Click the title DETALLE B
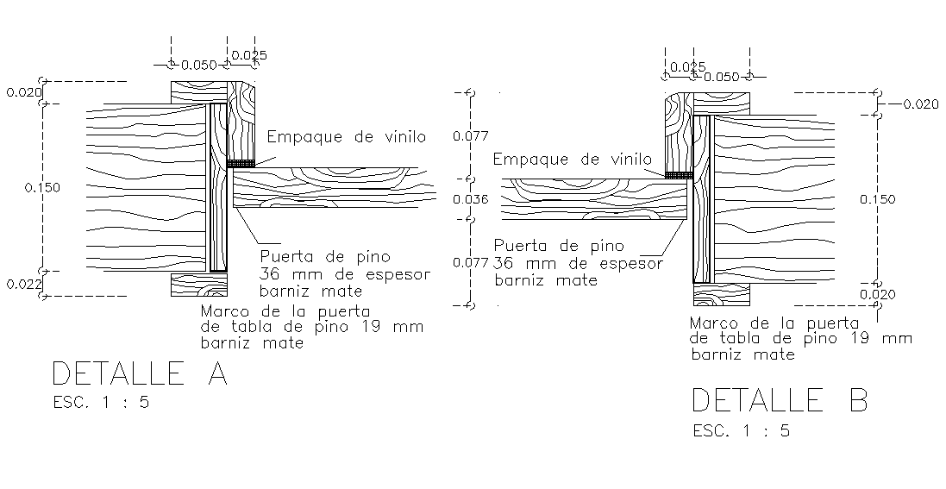tap(780, 400)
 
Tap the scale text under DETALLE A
tap(101, 402)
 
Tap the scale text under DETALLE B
tap(741, 430)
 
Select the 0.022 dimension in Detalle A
tap(22, 284)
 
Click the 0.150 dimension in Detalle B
tap(878, 199)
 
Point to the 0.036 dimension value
tap(471, 199)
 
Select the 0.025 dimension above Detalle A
tap(250, 55)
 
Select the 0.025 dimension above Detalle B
tap(687, 66)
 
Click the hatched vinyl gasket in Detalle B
tap(679, 175)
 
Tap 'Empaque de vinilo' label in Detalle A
tap(347, 136)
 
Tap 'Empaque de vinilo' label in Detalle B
tap(573, 159)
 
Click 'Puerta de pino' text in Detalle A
tap(325, 256)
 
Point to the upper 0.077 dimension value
tap(471, 135)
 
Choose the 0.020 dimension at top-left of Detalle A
tap(22, 91)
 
